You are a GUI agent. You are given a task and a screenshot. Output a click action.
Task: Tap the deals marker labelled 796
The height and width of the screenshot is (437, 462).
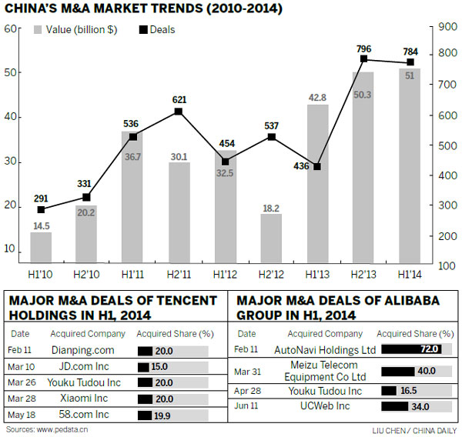pyautogui.click(x=363, y=59)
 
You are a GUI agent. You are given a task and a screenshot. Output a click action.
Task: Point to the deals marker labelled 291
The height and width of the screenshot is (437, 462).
pyautogui.click(x=41, y=209)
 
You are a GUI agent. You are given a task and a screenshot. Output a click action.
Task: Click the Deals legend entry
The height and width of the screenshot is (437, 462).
pyautogui.click(x=157, y=30)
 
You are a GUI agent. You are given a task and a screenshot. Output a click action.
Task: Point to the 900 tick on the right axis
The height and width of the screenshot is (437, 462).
pyautogui.click(x=447, y=27)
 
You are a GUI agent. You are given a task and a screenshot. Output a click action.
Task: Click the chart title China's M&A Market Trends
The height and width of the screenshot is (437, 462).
pyautogui.click(x=143, y=10)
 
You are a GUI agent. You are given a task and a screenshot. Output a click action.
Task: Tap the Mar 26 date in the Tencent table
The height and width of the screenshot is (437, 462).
pyautogui.click(x=23, y=383)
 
